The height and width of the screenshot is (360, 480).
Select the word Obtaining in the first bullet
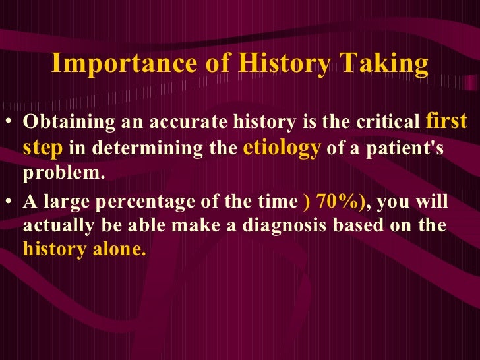pos(59,123)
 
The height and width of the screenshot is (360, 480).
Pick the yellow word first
pos(447,121)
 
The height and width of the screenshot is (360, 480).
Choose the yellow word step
pos(43,148)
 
